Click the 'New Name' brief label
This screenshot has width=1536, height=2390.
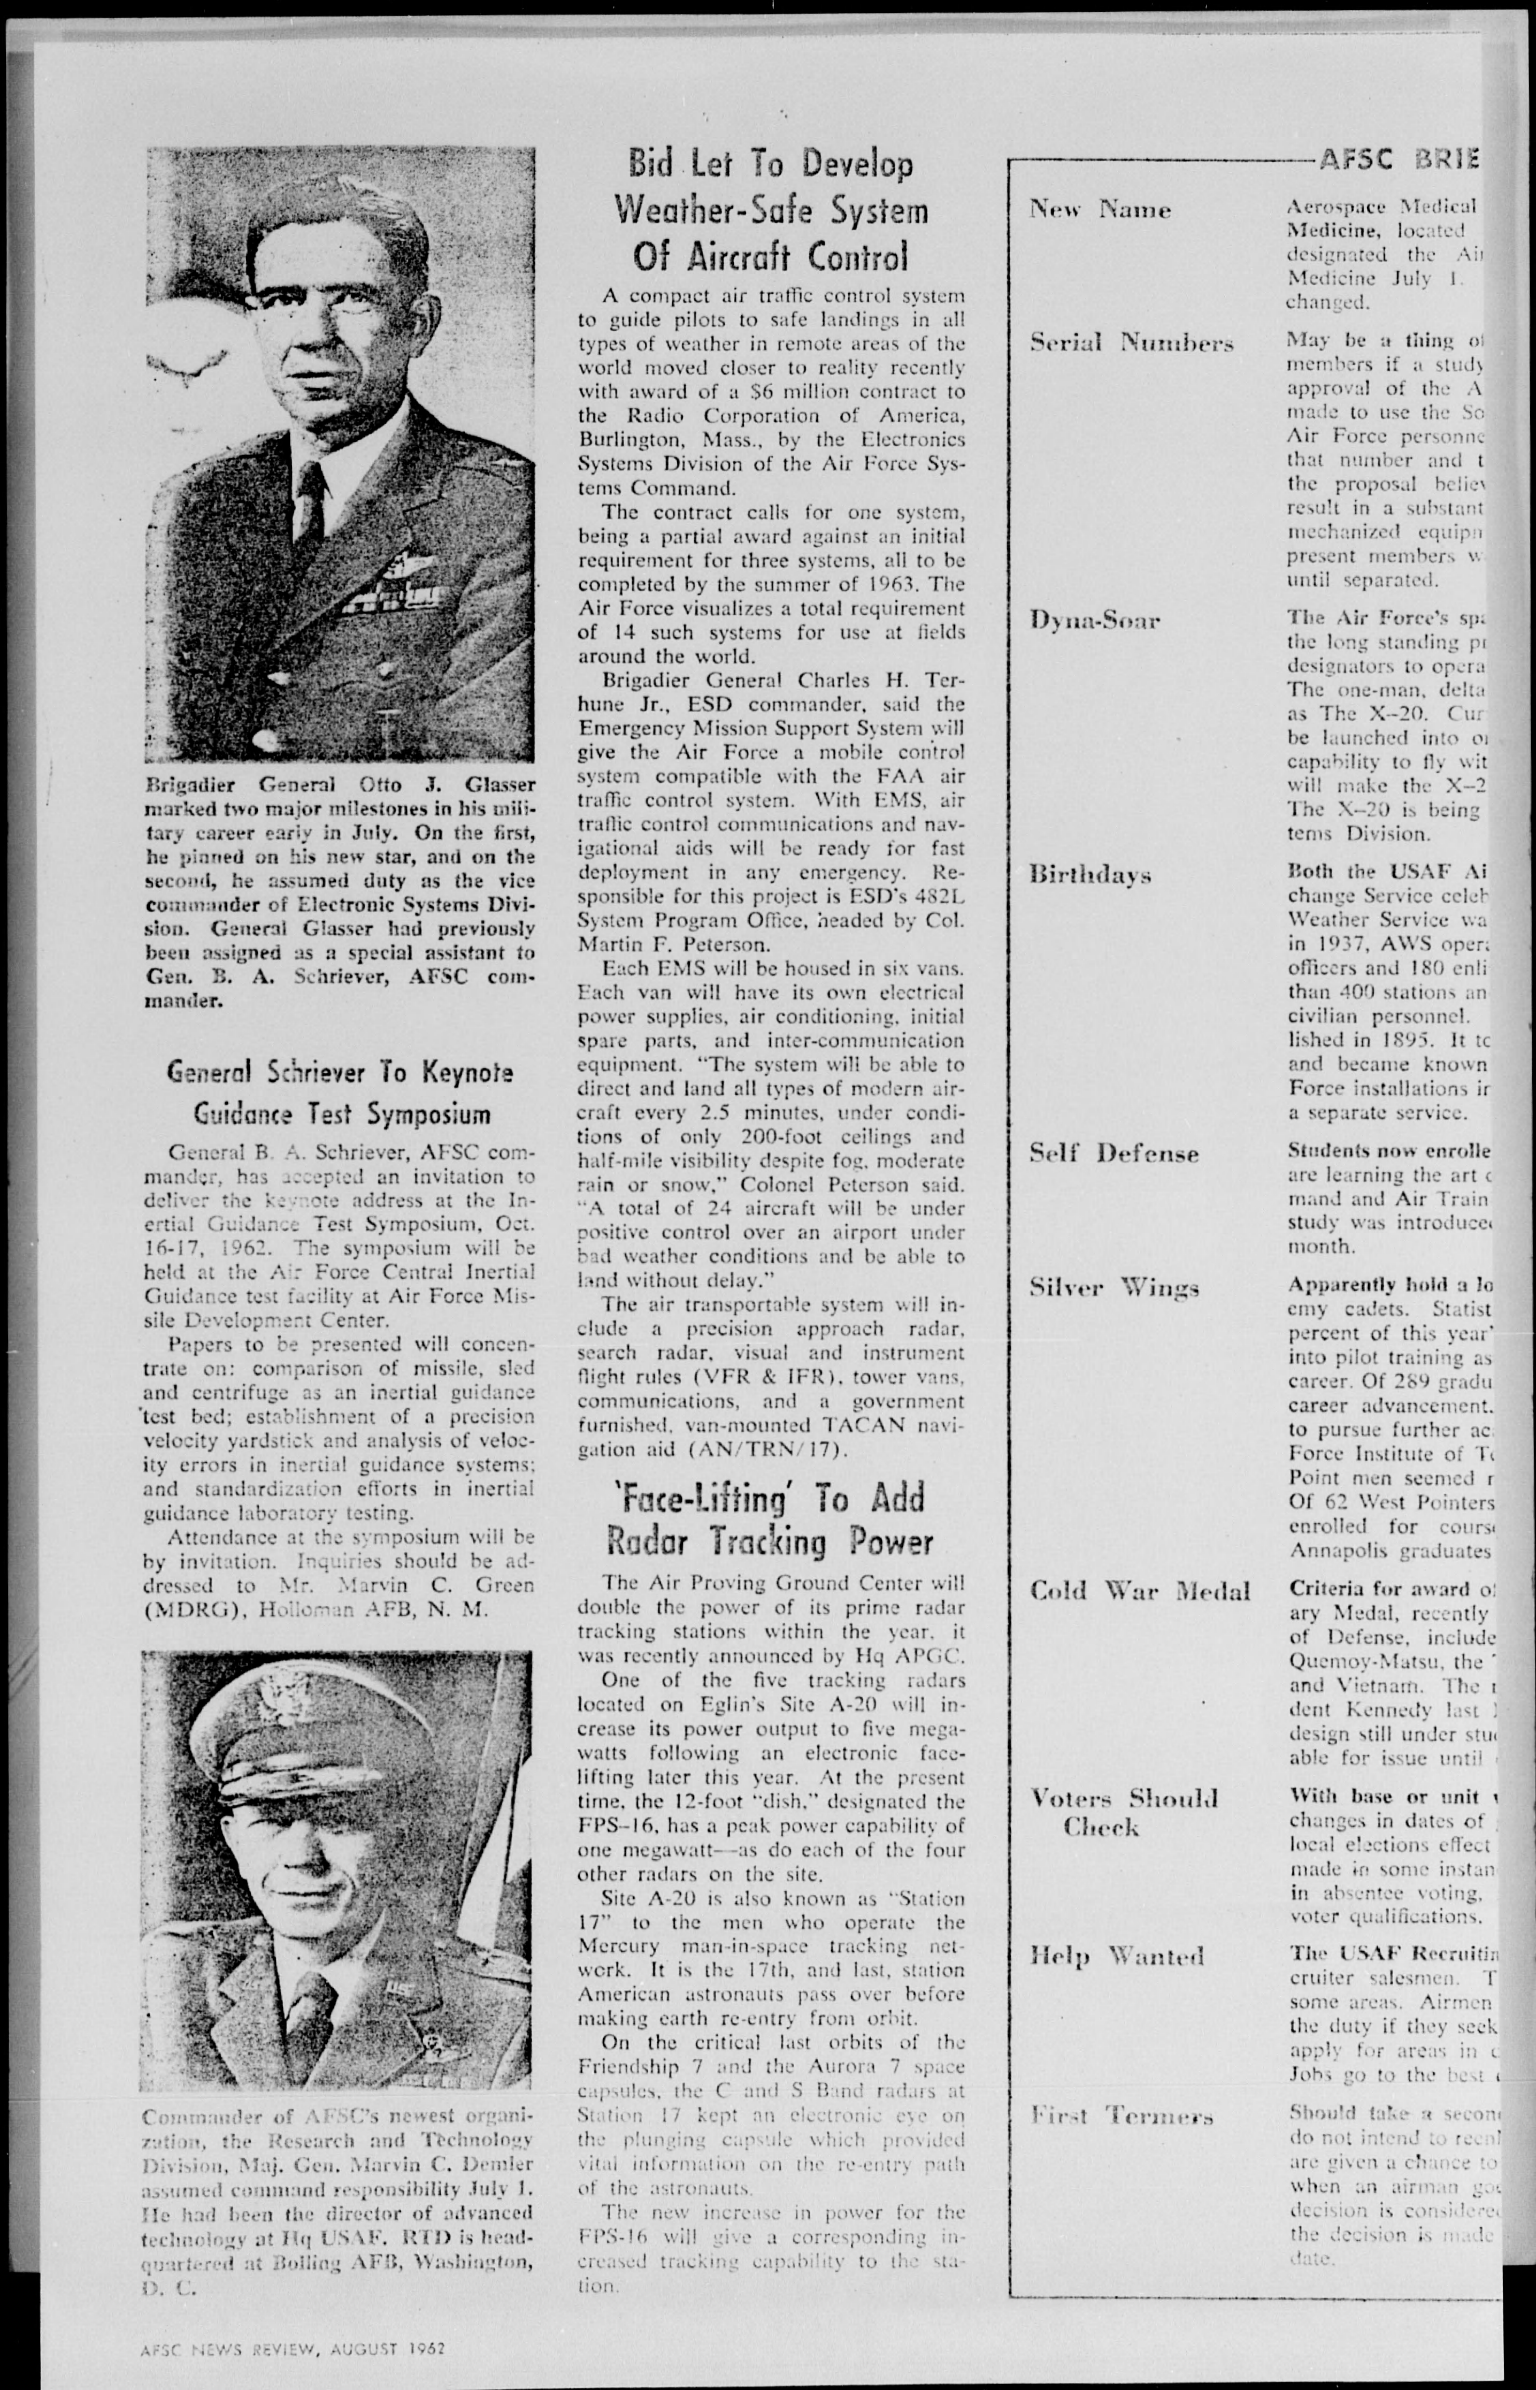1100,210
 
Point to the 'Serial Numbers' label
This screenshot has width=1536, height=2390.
1131,343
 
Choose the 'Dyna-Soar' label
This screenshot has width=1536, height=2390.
1094,621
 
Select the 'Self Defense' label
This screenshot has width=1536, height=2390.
1113,1154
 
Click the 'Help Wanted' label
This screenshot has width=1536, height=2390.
1116,1955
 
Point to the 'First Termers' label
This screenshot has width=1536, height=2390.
1121,2116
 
